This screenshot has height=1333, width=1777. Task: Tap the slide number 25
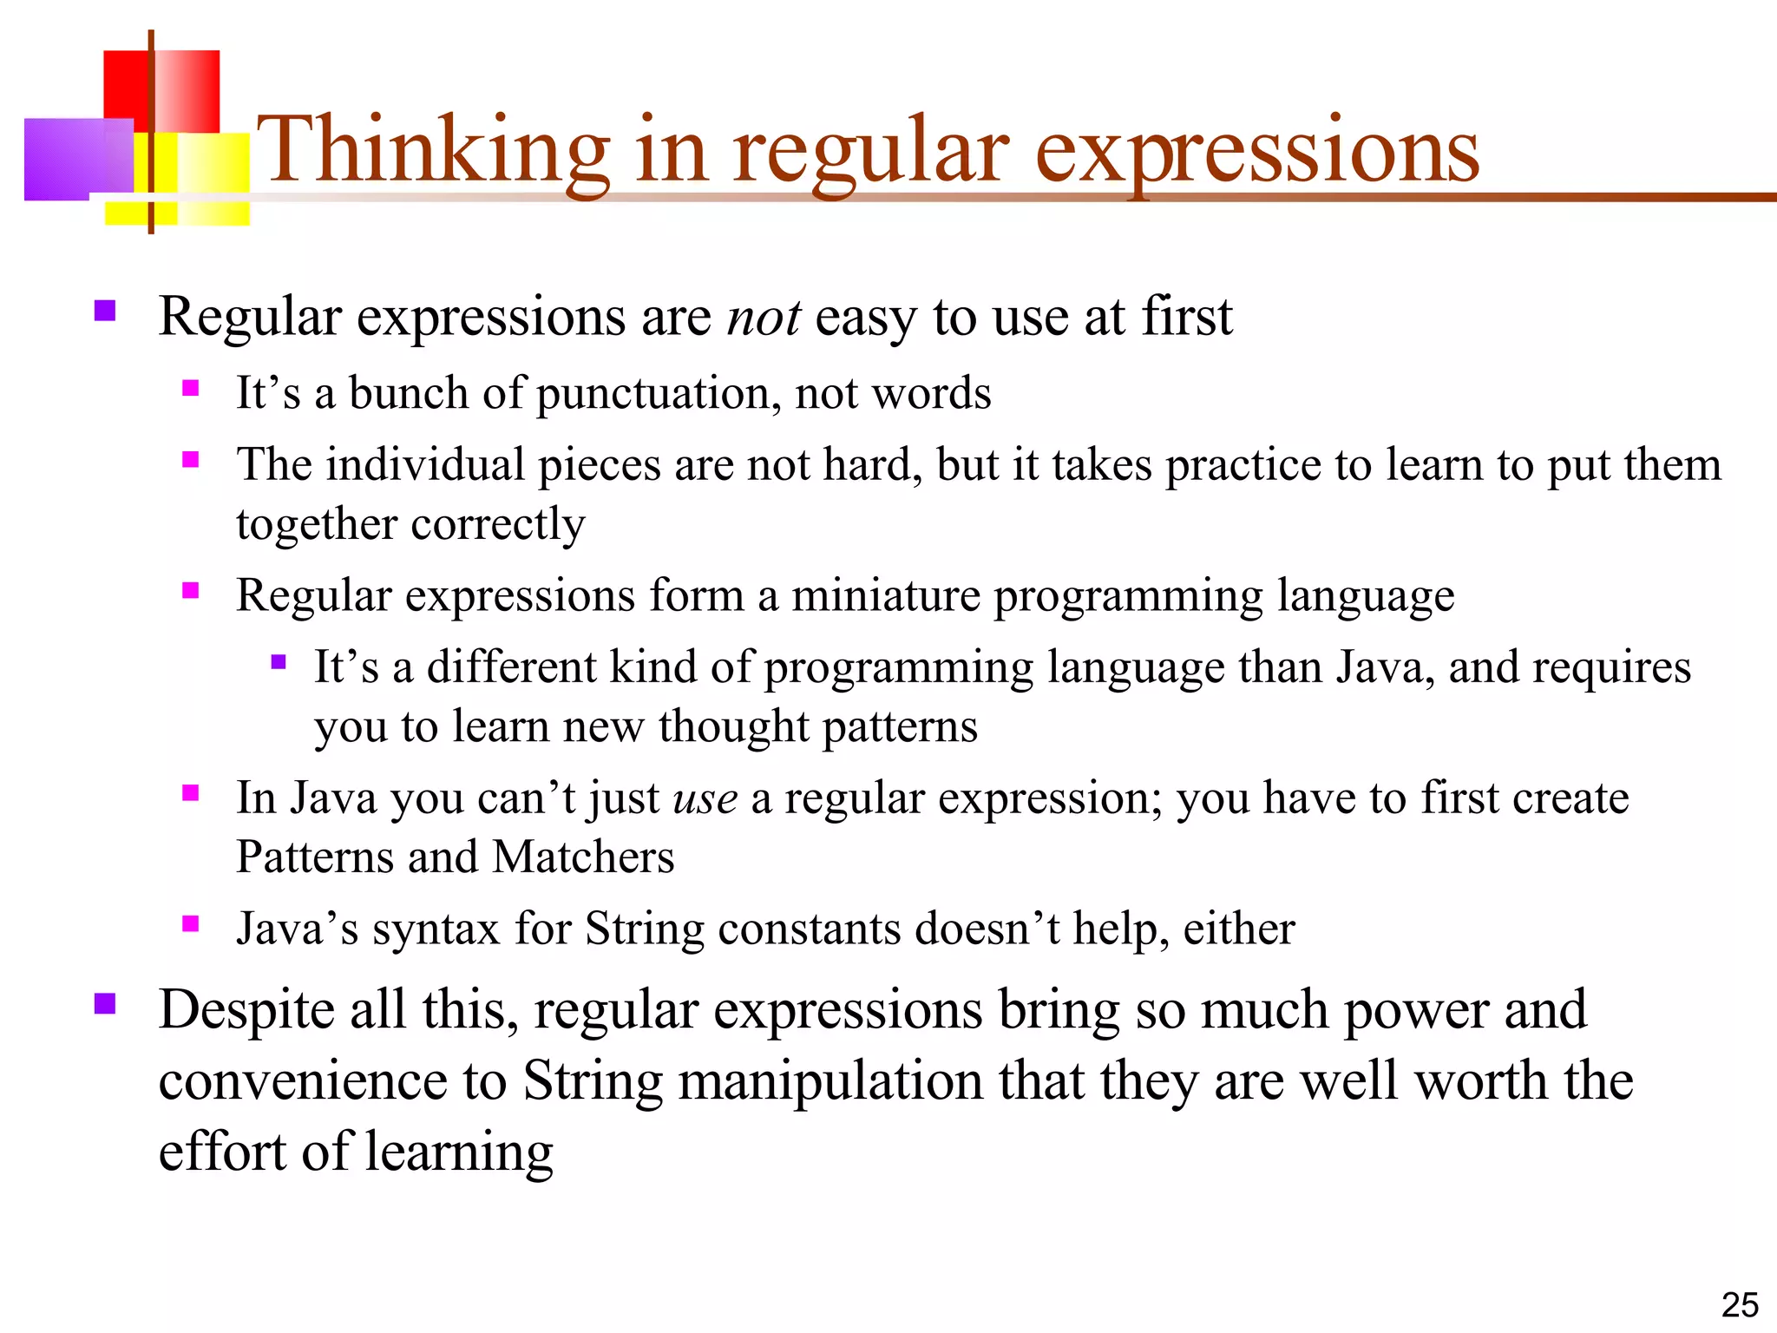1739,1305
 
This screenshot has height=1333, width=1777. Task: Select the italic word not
763,317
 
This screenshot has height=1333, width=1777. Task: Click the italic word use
705,799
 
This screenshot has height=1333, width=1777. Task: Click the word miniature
885,596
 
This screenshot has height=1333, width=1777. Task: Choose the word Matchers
583,857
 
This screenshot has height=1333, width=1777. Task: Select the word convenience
302,1082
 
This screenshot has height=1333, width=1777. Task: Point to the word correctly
497,525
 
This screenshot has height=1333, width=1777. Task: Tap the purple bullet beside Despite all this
105,1003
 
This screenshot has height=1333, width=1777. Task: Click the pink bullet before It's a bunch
191,388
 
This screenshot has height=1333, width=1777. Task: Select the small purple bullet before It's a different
278,662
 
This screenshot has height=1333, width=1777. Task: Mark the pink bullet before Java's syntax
191,923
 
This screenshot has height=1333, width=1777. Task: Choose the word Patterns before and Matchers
314,857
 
